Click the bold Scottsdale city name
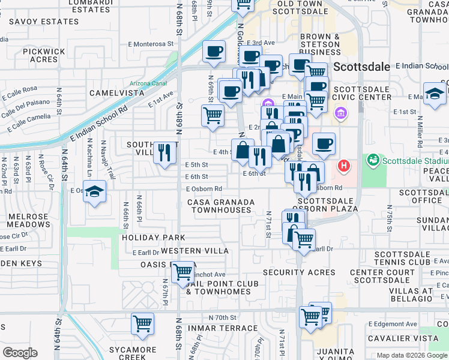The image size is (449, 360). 361,67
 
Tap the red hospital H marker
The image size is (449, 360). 344,165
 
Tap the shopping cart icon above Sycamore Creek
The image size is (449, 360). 143,324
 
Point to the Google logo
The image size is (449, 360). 20,353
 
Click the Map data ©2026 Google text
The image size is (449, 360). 412,355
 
